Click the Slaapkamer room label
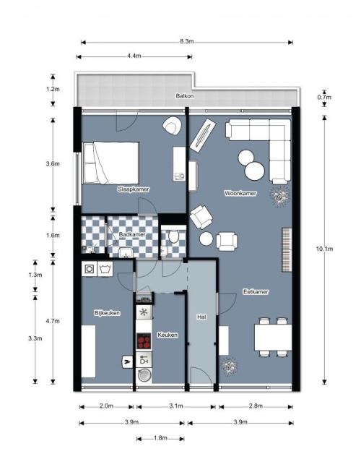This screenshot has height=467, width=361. coord(134,189)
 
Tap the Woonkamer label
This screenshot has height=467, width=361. coord(240,193)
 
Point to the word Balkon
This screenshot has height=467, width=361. coord(185,96)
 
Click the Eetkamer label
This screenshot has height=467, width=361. coord(256,292)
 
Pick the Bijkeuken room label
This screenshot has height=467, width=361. coord(107,313)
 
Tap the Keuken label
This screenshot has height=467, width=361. coord(168,335)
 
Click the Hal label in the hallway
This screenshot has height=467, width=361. coord(201,317)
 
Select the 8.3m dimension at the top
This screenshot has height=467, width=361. coord(186,41)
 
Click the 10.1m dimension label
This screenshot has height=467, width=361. coord(324,249)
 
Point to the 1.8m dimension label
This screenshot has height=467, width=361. coord(160,438)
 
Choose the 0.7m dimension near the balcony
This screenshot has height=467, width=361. coord(324,97)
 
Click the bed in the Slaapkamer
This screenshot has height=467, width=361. coord(110,163)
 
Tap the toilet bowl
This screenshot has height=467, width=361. coord(174,236)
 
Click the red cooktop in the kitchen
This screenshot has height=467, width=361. coord(144,341)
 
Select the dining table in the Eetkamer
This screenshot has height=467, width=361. coord(273,337)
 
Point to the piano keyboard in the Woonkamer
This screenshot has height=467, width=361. coord(287,249)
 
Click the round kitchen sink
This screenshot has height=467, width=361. coord(144,376)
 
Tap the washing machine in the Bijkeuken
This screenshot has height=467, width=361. coord(89,269)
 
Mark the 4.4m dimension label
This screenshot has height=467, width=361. coord(134,56)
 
